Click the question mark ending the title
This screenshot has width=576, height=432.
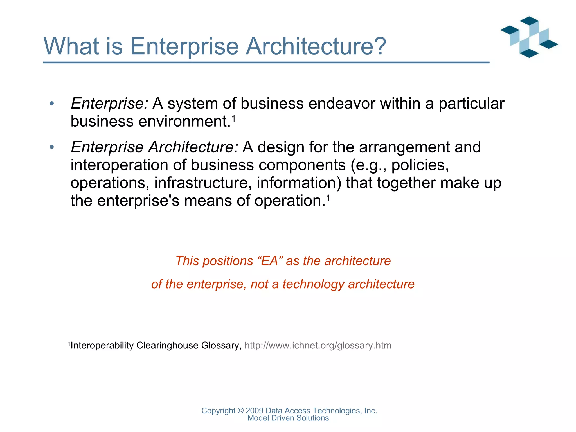pyautogui.click(x=378, y=46)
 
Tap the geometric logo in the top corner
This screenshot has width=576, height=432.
pyautogui.click(x=529, y=37)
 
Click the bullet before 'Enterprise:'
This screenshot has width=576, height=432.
pyautogui.click(x=51, y=103)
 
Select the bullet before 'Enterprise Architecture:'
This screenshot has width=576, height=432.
pyautogui.click(x=51, y=147)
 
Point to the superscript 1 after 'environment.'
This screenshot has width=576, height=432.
pyautogui.click(x=233, y=119)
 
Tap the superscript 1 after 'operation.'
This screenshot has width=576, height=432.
pyautogui.click(x=328, y=199)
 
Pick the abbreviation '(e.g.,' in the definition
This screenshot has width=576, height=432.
pyautogui.click(x=368, y=165)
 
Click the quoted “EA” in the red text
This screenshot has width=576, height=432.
pyautogui.click(x=270, y=261)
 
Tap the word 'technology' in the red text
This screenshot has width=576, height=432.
pyautogui.click(x=313, y=284)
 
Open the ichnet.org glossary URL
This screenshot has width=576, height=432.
pyautogui.click(x=318, y=345)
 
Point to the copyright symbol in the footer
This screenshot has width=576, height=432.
pyautogui.click(x=240, y=411)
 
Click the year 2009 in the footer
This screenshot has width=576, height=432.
pyautogui.click(x=254, y=411)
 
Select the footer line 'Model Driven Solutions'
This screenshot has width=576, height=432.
pyautogui.click(x=288, y=418)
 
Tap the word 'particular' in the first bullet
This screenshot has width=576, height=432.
pyautogui.click(x=471, y=103)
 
